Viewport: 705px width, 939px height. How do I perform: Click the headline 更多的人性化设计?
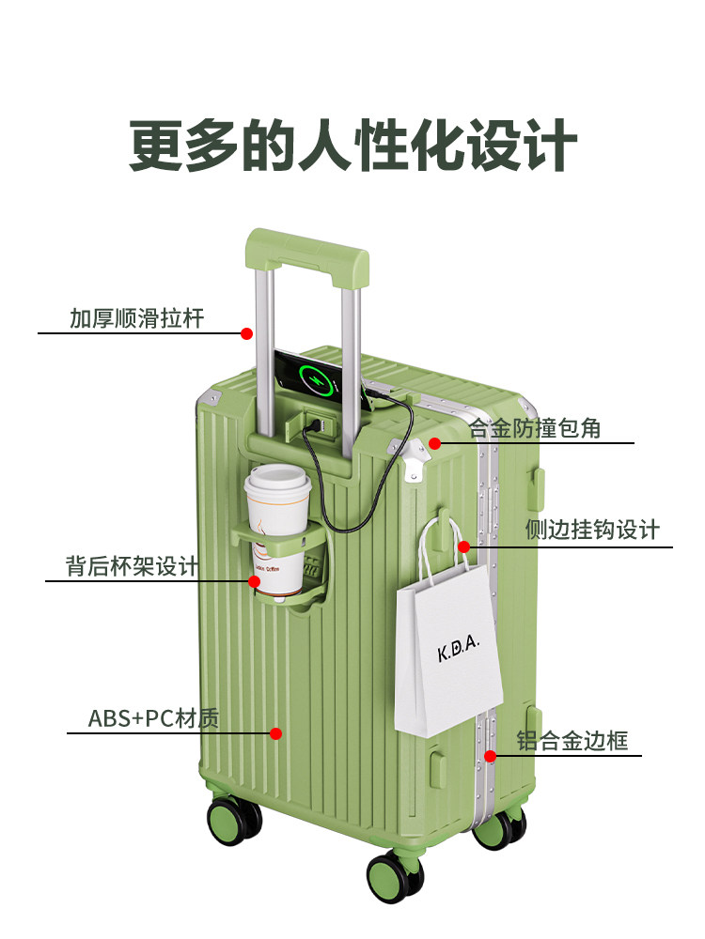(x=352, y=146)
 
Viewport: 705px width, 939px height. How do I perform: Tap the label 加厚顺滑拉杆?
(x=136, y=318)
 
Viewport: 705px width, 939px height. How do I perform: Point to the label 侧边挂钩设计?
(x=592, y=531)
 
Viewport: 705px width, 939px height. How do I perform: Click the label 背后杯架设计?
(x=132, y=566)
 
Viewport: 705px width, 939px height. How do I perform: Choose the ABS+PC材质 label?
(x=153, y=719)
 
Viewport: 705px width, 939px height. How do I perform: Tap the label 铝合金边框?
(x=572, y=740)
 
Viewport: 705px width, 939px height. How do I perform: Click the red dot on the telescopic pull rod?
(x=246, y=333)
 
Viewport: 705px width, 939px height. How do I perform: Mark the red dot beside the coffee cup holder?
(x=255, y=581)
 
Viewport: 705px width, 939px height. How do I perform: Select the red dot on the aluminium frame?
(x=490, y=755)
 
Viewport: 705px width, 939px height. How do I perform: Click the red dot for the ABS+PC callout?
(x=276, y=733)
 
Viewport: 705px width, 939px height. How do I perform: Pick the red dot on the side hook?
(x=463, y=546)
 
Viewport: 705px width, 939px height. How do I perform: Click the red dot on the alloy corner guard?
(x=434, y=442)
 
